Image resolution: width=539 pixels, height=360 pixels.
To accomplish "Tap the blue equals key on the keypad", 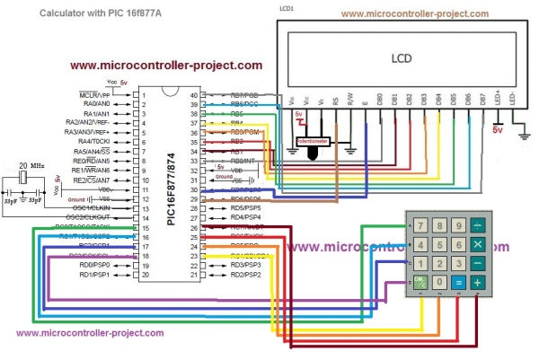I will (x=458, y=282).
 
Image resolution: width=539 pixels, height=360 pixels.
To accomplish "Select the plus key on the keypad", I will (x=478, y=282).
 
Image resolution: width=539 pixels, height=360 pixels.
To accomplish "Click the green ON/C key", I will (x=419, y=282).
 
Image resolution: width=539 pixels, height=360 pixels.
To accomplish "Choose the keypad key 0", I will (x=438, y=282).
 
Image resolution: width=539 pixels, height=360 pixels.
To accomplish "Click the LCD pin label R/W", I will (x=350, y=101).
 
